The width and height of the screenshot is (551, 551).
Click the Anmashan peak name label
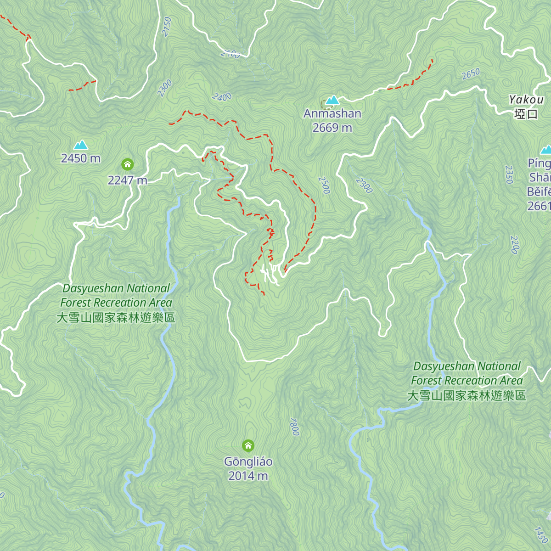click(x=332, y=113)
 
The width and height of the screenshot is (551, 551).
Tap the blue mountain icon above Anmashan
click(x=332, y=100)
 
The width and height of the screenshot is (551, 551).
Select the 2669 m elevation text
click(x=332, y=128)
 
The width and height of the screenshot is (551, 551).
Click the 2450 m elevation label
click(x=81, y=158)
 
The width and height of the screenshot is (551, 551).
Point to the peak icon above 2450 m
click(x=81, y=145)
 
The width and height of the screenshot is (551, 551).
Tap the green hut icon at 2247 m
click(x=127, y=164)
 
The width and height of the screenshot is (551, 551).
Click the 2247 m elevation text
click(x=127, y=180)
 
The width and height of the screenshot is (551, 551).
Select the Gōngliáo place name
click(x=248, y=461)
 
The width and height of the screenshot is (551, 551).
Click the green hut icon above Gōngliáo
click(x=248, y=445)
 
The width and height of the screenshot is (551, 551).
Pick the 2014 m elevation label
click(x=248, y=476)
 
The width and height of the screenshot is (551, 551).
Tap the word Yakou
click(x=526, y=100)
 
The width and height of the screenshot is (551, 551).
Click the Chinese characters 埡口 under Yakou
click(x=526, y=114)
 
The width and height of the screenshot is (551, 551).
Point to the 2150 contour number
click(x=166, y=27)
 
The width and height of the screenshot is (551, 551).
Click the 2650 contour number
click(x=471, y=74)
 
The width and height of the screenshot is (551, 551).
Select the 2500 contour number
click(x=324, y=185)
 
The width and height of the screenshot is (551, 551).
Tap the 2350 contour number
click(x=509, y=174)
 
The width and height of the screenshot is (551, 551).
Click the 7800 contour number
click(x=294, y=427)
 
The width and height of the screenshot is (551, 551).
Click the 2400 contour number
click(x=222, y=97)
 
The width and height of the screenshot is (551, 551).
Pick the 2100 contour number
click(x=230, y=54)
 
